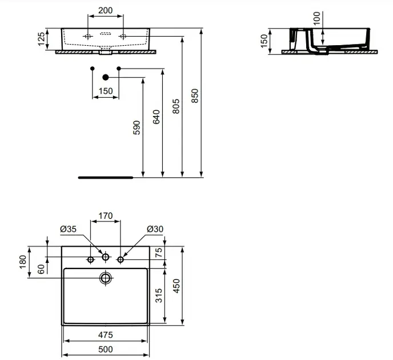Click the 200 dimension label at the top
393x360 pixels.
[x=105, y=10]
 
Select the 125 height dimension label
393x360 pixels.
[x=41, y=39]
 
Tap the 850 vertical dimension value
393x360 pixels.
[x=195, y=95]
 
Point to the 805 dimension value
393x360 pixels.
[x=176, y=106]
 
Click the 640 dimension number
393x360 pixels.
[x=156, y=117]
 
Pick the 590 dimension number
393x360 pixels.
[x=137, y=127]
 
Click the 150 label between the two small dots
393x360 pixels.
[x=106, y=91]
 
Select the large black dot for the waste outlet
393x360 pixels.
[x=106, y=78]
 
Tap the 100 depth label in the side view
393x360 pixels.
[x=317, y=18]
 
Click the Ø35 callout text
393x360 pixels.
[x=68, y=229]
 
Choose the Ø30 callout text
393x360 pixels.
[x=155, y=229]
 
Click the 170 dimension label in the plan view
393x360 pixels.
[x=106, y=215]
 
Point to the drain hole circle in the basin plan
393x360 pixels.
[x=106, y=278]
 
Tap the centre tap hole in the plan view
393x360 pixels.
[x=106, y=257]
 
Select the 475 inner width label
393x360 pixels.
[x=106, y=335]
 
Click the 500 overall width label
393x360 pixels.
[x=106, y=349]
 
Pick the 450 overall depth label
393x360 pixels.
[x=177, y=286]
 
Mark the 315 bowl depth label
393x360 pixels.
[x=159, y=295]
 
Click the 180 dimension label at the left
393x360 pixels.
[x=22, y=262]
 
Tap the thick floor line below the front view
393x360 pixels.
[x=106, y=178]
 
